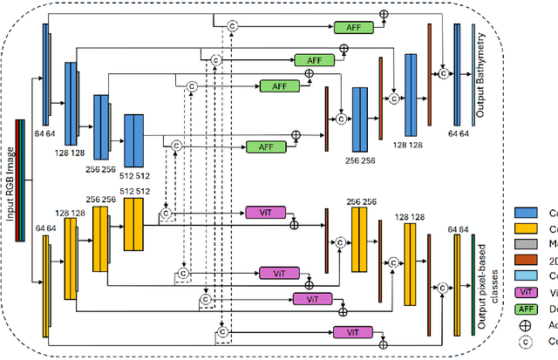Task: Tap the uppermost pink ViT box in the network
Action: (x=261, y=213)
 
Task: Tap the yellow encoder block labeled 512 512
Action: (x=133, y=224)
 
